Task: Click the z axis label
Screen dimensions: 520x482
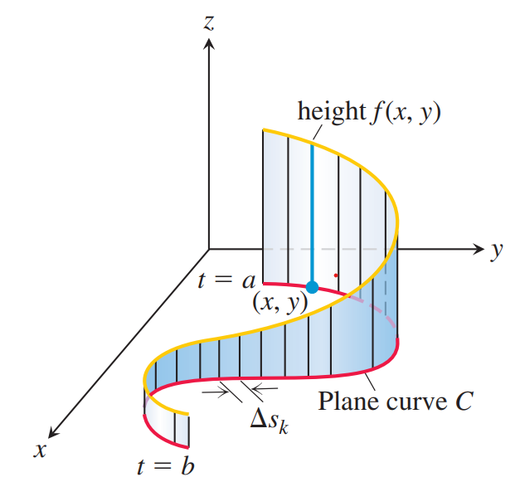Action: pos(209,22)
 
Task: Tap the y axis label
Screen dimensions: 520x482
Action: pos(498,251)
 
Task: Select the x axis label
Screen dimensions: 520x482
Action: pos(39,450)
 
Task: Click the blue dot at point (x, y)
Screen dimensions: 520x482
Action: pos(312,287)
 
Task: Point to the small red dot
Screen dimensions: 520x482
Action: pos(335,275)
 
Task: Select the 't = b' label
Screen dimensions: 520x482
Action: pos(165,466)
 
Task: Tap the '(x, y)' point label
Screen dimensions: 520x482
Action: pos(279,304)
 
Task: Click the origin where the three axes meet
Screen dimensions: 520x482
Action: pos(209,248)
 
